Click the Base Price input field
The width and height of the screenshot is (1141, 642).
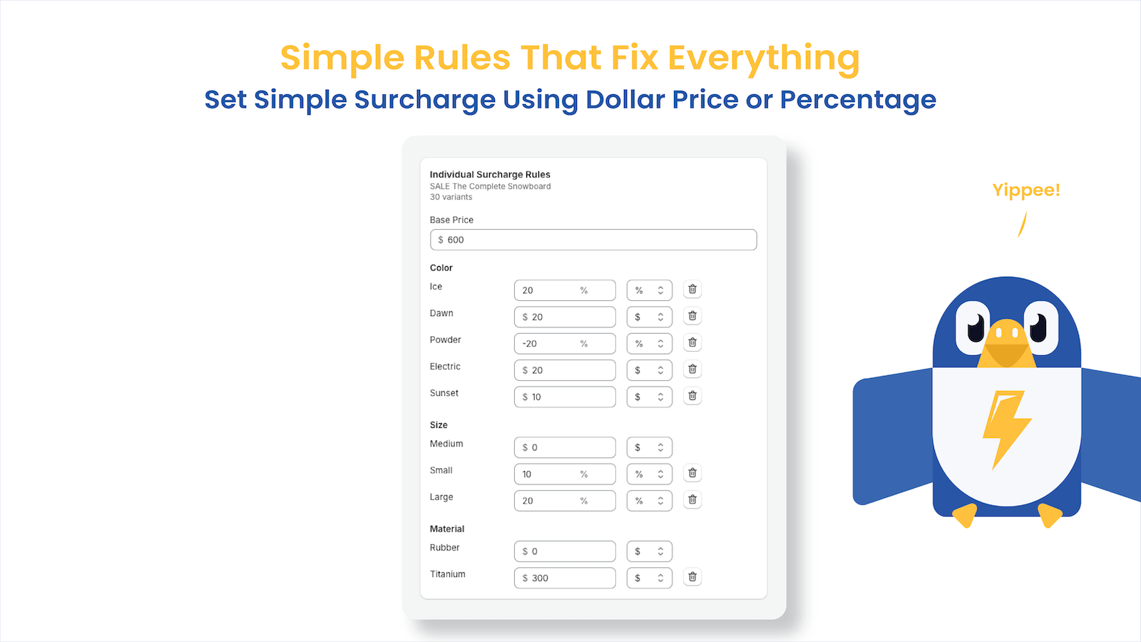click(593, 240)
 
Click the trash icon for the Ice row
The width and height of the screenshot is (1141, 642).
click(692, 290)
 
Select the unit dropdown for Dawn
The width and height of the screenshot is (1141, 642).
click(649, 317)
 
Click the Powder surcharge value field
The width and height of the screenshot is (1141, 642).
click(564, 344)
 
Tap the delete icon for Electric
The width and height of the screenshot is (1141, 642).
click(692, 370)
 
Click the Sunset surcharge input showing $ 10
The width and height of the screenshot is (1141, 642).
click(564, 397)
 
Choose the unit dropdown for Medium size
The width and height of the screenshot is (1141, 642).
click(649, 447)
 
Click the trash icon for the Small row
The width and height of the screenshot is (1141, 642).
click(692, 473)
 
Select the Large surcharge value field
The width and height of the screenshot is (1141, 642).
click(564, 501)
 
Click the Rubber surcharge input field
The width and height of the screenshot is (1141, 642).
click(564, 551)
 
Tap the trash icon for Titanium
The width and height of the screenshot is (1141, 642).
click(692, 577)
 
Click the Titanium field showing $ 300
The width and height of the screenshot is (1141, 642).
click(564, 578)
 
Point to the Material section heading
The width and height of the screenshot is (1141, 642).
click(447, 529)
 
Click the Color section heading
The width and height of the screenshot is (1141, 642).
click(441, 267)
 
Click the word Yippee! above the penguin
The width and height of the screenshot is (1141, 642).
click(1026, 190)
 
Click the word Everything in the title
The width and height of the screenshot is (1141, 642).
click(763, 58)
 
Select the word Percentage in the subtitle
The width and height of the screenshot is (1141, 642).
click(858, 100)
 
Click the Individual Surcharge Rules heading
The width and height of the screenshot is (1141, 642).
click(490, 174)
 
